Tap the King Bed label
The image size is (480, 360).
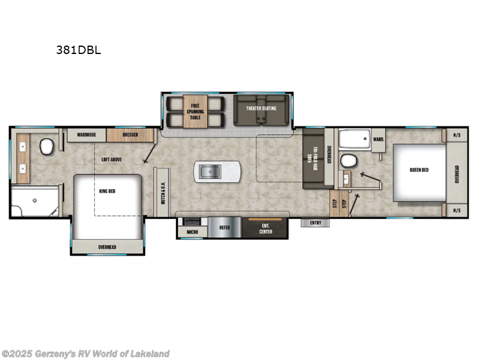[x=107, y=191]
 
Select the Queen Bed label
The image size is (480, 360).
[x=419, y=170]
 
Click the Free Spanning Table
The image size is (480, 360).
[x=196, y=112]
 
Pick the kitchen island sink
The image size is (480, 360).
[x=209, y=172]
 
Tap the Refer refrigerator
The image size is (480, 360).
[x=224, y=228]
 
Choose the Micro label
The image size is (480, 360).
[x=193, y=231]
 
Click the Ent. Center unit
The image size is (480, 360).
[x=265, y=228]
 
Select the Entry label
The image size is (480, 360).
[x=316, y=223]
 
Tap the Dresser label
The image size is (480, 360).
[x=130, y=135]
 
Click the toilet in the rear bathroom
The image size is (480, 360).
[x=47, y=146]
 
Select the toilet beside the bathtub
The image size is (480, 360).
[x=348, y=160]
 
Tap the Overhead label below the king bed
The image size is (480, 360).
[x=107, y=247]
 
